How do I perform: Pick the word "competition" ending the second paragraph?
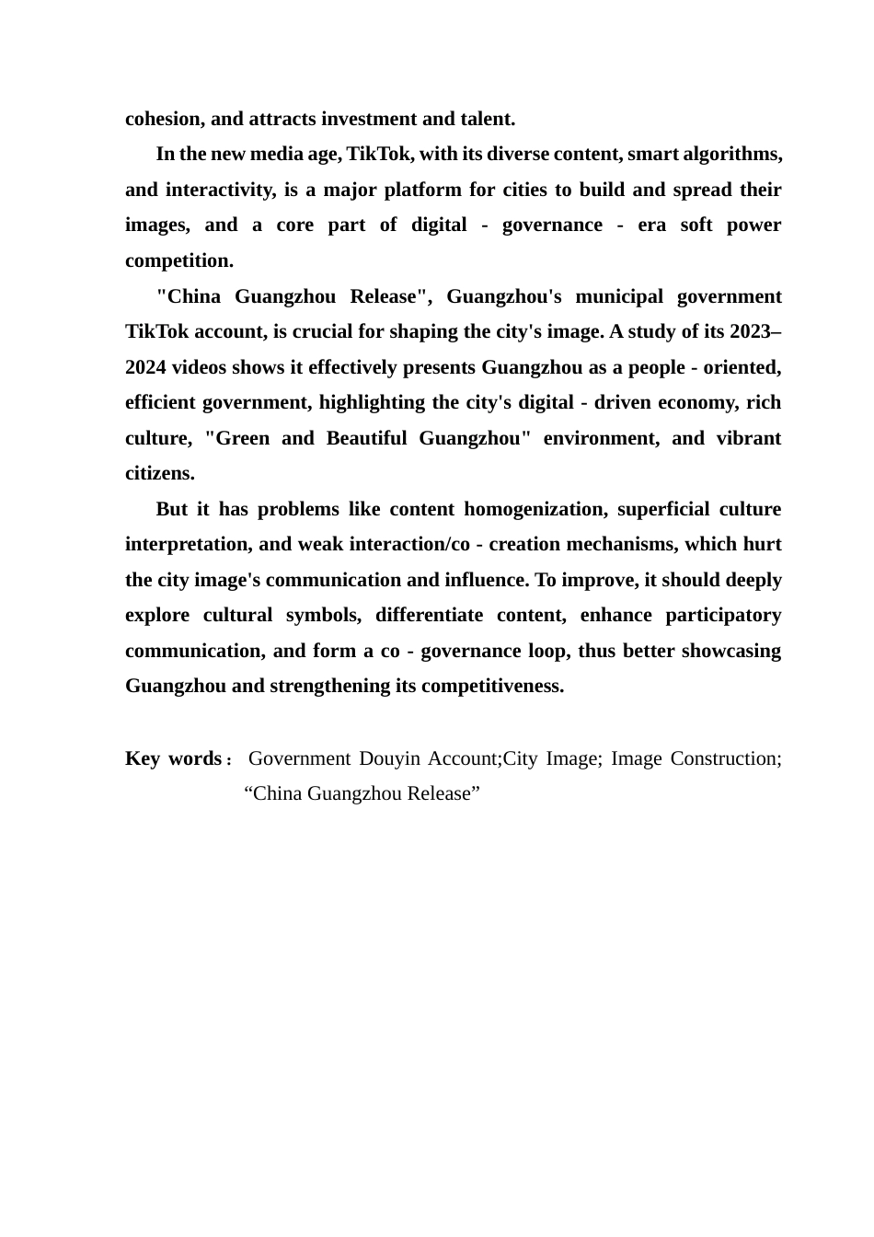click(x=178, y=260)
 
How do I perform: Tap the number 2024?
click(x=145, y=367)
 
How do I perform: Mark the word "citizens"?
click(x=159, y=474)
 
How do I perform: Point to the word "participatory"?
click(x=717, y=615)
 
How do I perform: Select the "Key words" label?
click(x=173, y=758)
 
